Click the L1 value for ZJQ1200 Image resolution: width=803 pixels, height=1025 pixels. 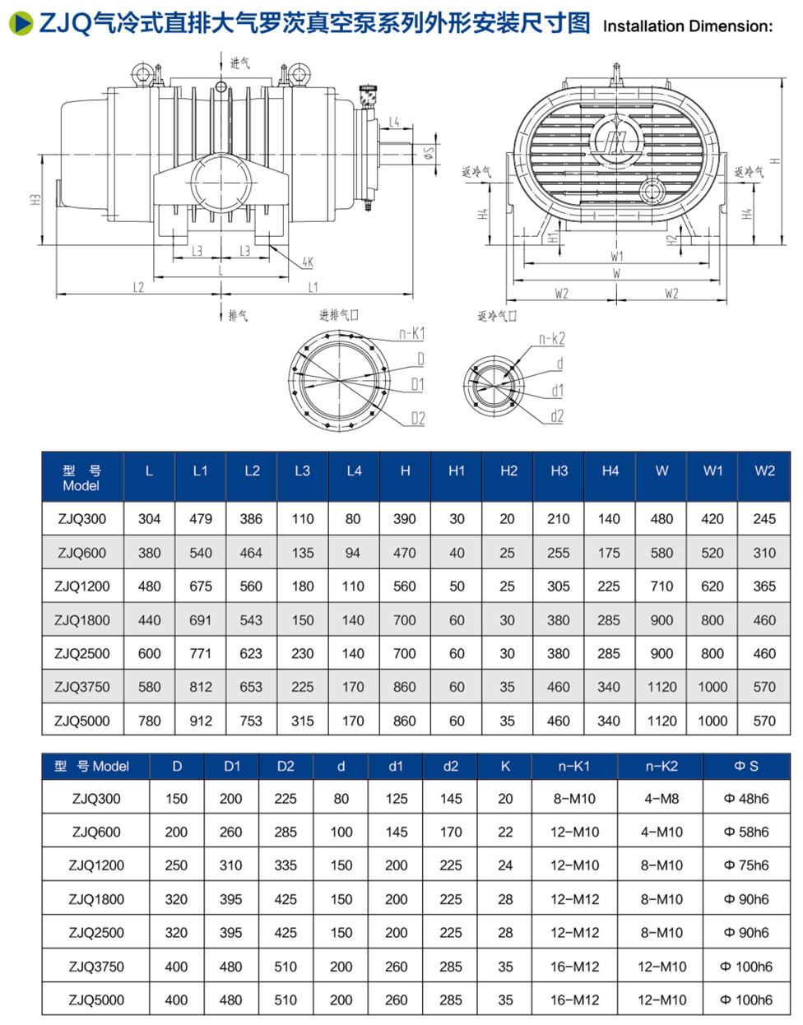tap(201, 587)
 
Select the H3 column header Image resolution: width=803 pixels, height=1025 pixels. tap(559, 471)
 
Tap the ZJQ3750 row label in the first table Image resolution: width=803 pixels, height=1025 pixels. tap(81, 687)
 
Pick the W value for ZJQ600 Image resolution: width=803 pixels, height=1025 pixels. tap(661, 553)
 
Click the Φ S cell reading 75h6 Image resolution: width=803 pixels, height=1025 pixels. tap(746, 865)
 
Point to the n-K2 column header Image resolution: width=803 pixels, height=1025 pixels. tap(661, 766)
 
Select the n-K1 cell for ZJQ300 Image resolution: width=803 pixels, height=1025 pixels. tap(573, 798)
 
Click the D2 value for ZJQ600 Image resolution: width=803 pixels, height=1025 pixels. tap(285, 832)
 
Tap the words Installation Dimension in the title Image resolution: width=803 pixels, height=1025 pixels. tap(688, 26)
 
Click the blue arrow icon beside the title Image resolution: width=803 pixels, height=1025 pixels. tap(21, 23)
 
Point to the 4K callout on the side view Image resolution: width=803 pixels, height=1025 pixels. tap(307, 262)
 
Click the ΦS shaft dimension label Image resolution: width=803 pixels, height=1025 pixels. tap(429, 155)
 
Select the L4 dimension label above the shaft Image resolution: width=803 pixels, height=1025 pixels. tap(394, 123)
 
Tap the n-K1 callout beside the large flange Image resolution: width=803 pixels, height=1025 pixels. tap(411, 333)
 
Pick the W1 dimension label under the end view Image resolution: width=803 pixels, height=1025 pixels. tap(616, 257)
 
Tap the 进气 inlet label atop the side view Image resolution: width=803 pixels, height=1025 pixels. tap(239, 63)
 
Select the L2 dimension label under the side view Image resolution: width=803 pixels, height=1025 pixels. tap(138, 287)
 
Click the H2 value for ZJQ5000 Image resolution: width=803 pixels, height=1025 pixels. tap(508, 721)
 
